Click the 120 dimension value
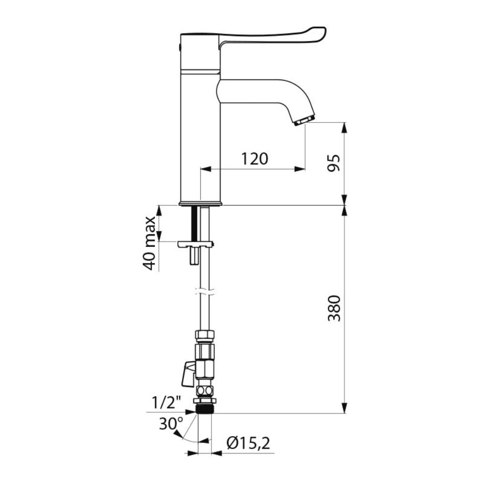coord(255,158)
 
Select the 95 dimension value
coord(333,164)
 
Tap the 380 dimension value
coord(333,308)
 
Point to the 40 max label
coord(150,243)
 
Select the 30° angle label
coord(171,423)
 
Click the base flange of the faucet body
coord(201,203)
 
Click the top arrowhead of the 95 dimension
coord(345,127)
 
